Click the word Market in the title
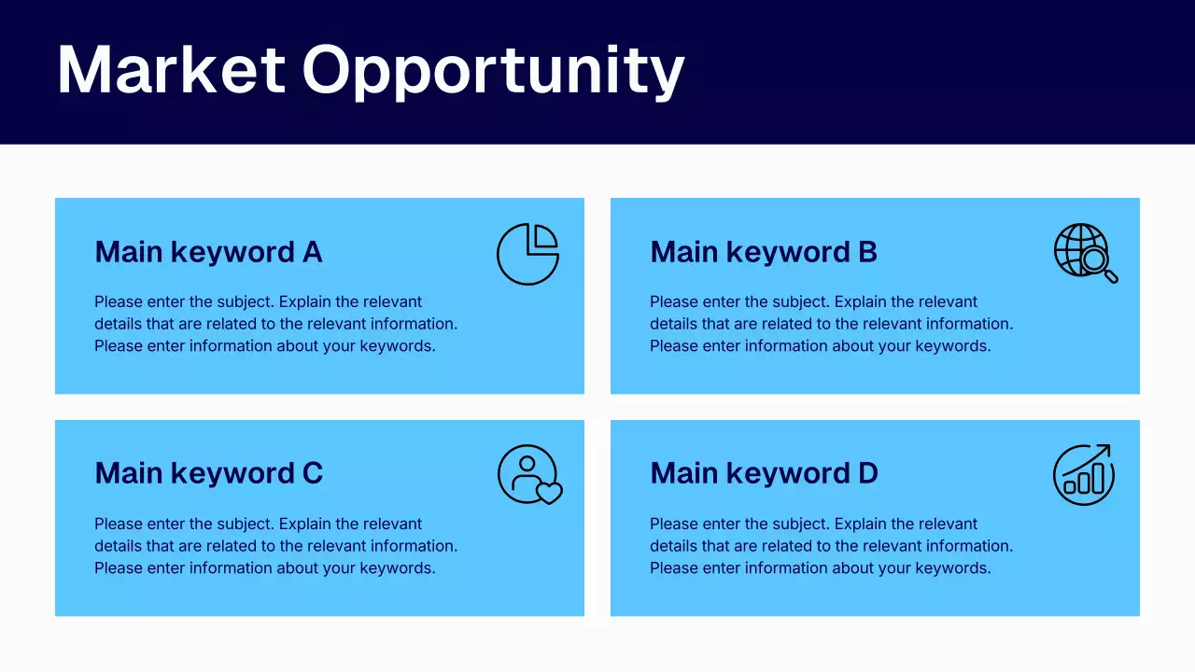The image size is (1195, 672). (171, 70)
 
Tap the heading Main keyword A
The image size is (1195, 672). (208, 252)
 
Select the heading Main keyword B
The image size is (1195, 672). (764, 252)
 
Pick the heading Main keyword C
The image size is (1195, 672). (208, 473)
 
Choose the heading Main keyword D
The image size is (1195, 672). (764, 473)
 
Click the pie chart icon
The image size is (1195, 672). (527, 254)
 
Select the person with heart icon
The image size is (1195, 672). (529, 474)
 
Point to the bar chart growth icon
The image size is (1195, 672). (1084, 474)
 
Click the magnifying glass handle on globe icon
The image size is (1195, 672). (1111, 276)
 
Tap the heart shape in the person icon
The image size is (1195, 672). (549, 493)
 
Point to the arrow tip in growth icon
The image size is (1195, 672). (1106, 448)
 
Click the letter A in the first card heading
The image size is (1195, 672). (312, 252)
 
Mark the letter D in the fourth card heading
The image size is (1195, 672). (867, 473)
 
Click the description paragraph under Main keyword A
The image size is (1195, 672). (275, 324)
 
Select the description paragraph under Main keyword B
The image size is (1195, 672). (831, 324)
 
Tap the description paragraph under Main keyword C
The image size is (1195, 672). (275, 546)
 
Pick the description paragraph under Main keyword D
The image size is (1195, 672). (831, 546)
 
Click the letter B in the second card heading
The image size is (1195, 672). (867, 252)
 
